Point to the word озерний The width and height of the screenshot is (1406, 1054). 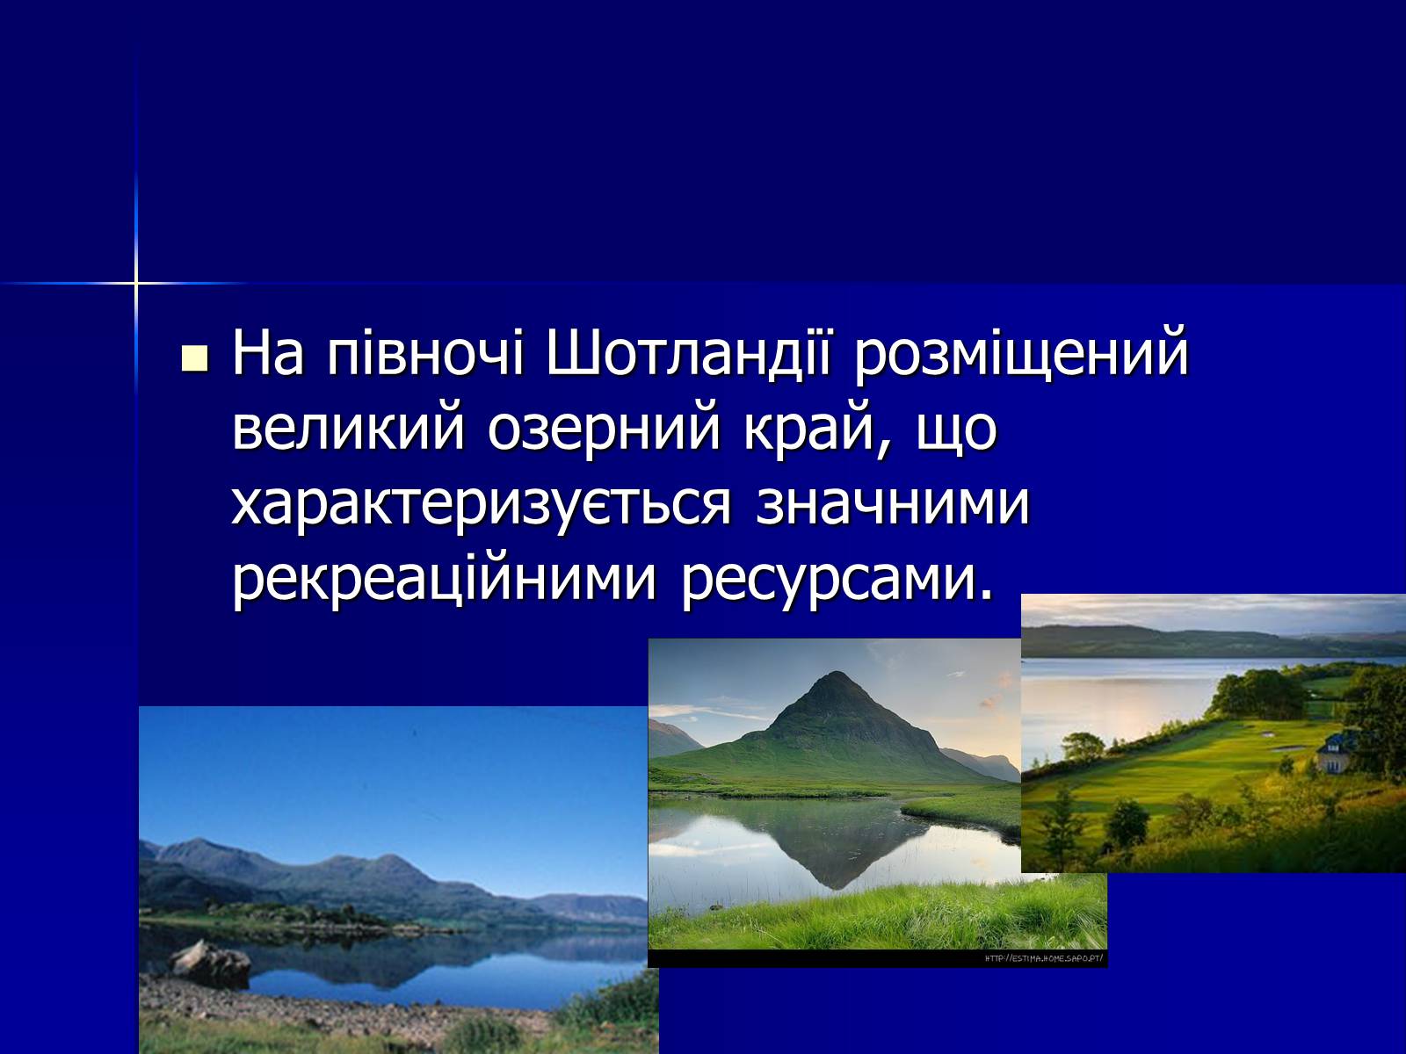click(x=604, y=431)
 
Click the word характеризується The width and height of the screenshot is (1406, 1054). click(x=481, y=506)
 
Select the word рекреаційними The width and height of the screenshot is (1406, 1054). click(x=445, y=578)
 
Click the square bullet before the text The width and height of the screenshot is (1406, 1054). click(x=195, y=358)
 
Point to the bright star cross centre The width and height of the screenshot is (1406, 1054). click(x=136, y=282)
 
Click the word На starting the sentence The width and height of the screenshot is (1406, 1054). click(x=268, y=352)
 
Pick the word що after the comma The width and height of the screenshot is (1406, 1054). click(x=957, y=431)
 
